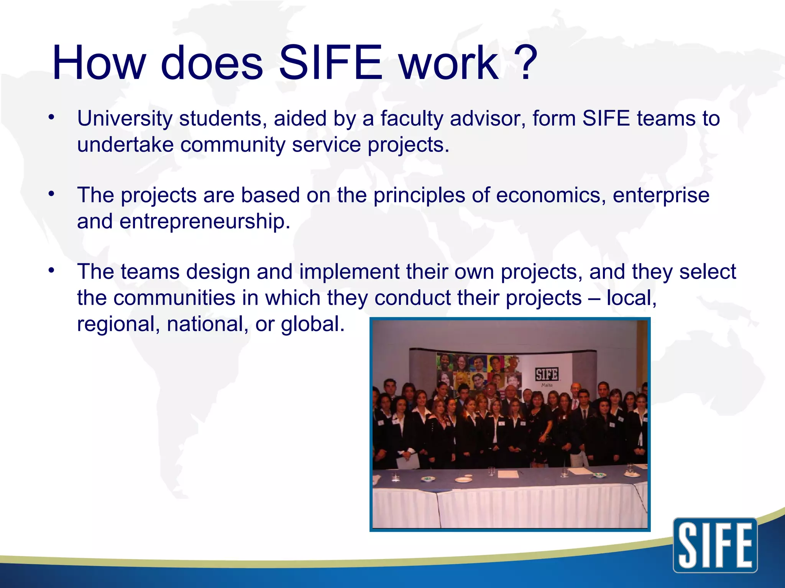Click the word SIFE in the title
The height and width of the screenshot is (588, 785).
[x=330, y=63]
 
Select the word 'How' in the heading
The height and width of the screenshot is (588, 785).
[x=99, y=63]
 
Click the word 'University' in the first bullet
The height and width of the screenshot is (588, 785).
[x=125, y=119]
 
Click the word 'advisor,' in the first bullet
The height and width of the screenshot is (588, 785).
[x=488, y=119]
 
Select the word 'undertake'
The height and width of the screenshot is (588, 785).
[x=125, y=145]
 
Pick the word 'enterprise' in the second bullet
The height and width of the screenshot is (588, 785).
[x=661, y=195]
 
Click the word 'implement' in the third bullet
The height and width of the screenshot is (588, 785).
[x=350, y=272]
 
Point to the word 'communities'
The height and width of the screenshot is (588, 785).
[x=174, y=298]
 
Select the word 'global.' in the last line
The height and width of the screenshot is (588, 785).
[x=313, y=324]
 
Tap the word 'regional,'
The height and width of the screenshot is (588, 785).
[x=118, y=324]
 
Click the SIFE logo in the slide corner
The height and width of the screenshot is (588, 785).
[x=715, y=545]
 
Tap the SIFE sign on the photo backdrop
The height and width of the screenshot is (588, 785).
[x=547, y=374]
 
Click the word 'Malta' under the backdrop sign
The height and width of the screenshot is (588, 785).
[x=547, y=385]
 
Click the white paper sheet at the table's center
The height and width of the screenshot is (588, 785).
[x=508, y=474]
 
